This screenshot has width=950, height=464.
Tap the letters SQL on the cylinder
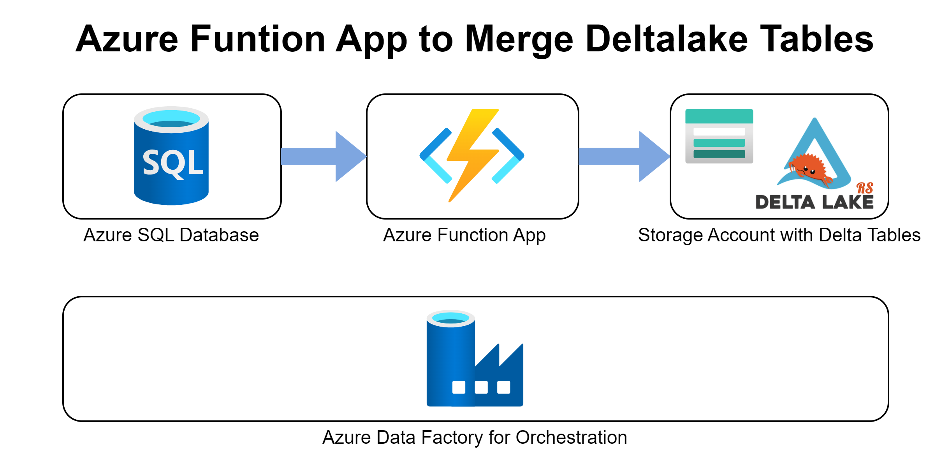(173, 163)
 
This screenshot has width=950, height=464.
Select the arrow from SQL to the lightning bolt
(323, 156)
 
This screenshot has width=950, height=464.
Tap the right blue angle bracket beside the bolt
(508, 156)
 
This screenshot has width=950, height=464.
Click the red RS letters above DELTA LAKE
(865, 188)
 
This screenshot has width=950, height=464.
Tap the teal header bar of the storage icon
(719, 116)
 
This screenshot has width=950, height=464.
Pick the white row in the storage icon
(719, 132)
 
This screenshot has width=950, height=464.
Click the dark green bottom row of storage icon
(719, 154)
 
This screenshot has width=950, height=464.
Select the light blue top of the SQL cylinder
(171, 118)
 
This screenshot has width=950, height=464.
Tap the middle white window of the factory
(481, 387)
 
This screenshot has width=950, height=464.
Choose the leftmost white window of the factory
(459, 387)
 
